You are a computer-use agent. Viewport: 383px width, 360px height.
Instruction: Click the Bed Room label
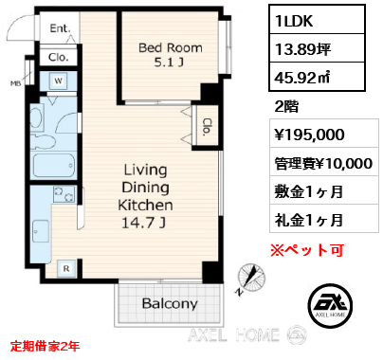tap(171, 48)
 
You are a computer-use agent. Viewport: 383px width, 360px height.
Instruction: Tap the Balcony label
tap(170, 303)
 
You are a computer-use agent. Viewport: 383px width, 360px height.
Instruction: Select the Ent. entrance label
tap(60, 28)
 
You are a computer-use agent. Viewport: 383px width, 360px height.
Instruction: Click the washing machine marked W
tap(59, 81)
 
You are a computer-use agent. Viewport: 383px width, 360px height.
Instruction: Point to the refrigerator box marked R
tap(66, 269)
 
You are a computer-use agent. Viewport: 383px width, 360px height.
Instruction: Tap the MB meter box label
tap(15, 83)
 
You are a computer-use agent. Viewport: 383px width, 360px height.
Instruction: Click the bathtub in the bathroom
tap(54, 166)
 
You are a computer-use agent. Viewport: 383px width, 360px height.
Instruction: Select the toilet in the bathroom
tap(45, 142)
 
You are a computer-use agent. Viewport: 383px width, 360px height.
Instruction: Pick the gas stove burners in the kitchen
tap(64, 193)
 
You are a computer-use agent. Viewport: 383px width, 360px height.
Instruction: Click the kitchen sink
tap(41, 231)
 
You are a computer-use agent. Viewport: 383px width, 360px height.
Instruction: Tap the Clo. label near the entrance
tap(59, 58)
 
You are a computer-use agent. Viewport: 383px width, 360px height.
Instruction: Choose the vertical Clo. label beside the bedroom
tap(207, 127)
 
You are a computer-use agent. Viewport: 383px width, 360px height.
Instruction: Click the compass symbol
tap(251, 278)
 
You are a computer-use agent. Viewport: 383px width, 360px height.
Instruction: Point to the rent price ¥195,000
tap(309, 135)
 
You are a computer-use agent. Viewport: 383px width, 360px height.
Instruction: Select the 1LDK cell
tap(318, 20)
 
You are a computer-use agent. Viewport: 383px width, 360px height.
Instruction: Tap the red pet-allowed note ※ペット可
tap(307, 250)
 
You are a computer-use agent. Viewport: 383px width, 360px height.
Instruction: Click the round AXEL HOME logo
tap(330, 306)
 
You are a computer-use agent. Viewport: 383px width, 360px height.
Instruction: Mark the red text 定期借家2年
tap(45, 347)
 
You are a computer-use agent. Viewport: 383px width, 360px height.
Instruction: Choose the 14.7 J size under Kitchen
tap(144, 224)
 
